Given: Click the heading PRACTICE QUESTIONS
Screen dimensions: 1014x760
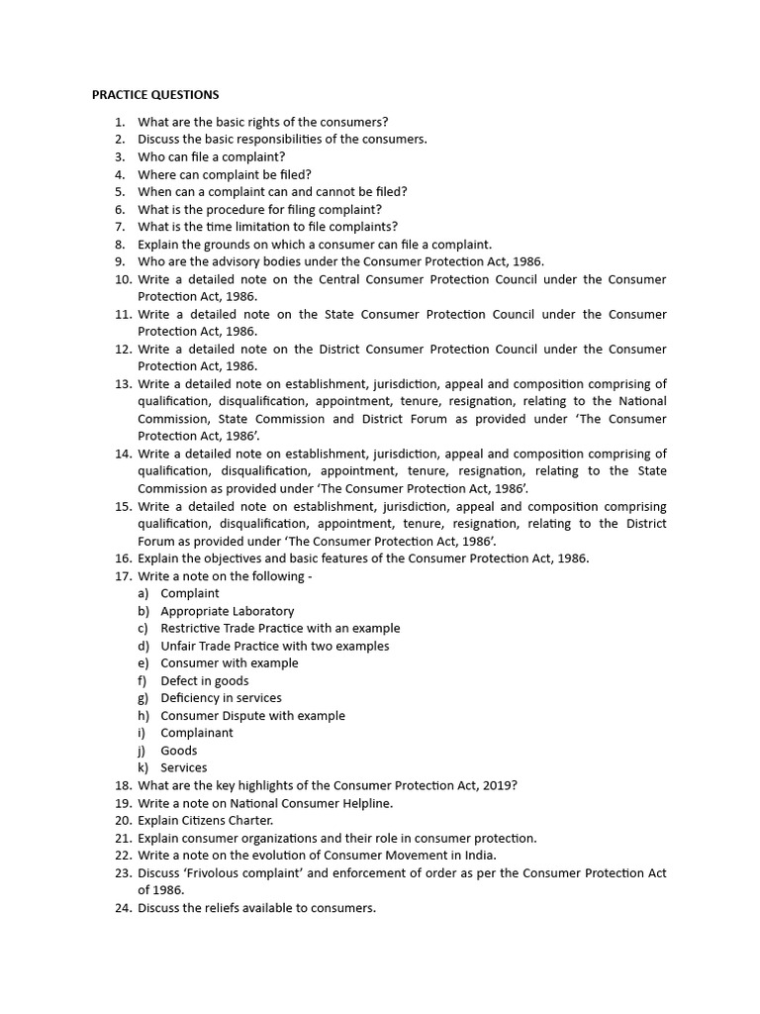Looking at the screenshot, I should point(155,95).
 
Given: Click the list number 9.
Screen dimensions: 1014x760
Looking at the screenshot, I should point(120,261).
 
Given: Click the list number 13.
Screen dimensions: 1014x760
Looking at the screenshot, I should point(122,383).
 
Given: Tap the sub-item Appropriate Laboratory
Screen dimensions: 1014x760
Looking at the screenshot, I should point(227,611).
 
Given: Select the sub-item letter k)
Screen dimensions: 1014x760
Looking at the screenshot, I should point(143,767).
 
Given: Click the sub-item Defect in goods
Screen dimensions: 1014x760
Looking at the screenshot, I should point(204,680).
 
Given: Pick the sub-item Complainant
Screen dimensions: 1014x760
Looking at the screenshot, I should point(197,733).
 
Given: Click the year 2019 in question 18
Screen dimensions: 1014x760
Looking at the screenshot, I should point(496,785).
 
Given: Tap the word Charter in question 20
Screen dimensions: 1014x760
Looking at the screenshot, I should point(248,820).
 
